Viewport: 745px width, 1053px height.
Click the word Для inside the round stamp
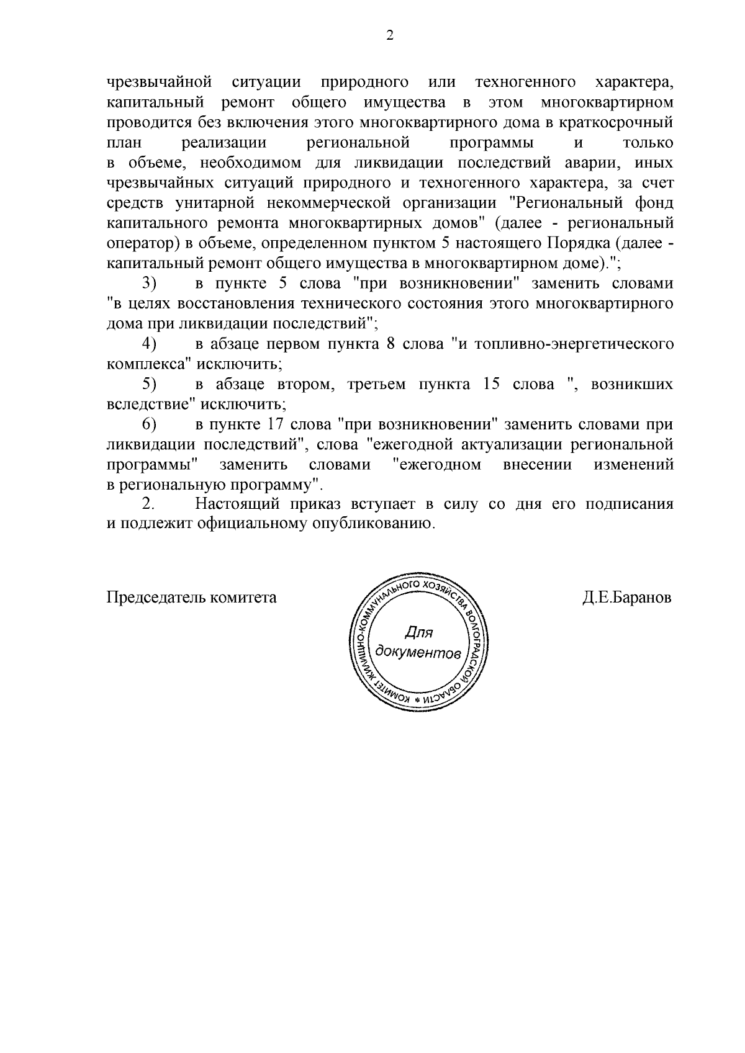(x=418, y=633)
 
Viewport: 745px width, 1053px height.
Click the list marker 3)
(x=148, y=284)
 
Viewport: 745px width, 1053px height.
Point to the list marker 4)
(x=148, y=343)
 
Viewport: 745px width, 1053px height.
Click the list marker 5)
(x=148, y=384)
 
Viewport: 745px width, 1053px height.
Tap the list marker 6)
(x=148, y=424)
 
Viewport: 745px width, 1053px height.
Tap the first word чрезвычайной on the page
(x=160, y=82)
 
